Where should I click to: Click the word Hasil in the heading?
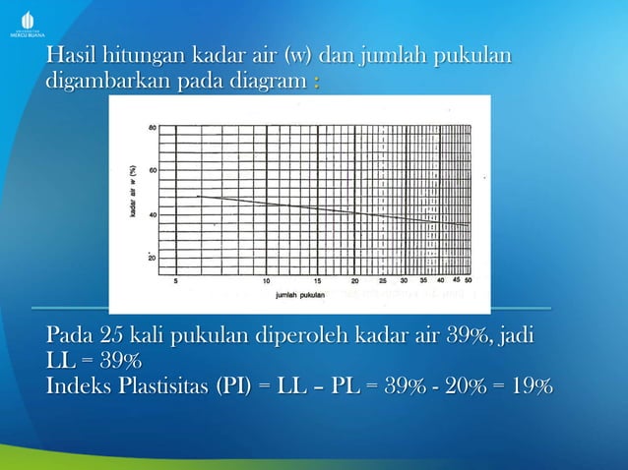[x=70, y=56]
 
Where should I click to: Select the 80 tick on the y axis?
[x=151, y=128]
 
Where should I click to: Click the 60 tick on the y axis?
[x=151, y=170]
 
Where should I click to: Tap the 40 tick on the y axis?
[x=151, y=213]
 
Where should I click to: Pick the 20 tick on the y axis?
[x=151, y=257]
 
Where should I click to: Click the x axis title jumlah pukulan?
[x=301, y=293]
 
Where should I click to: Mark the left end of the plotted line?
[x=198, y=197]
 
